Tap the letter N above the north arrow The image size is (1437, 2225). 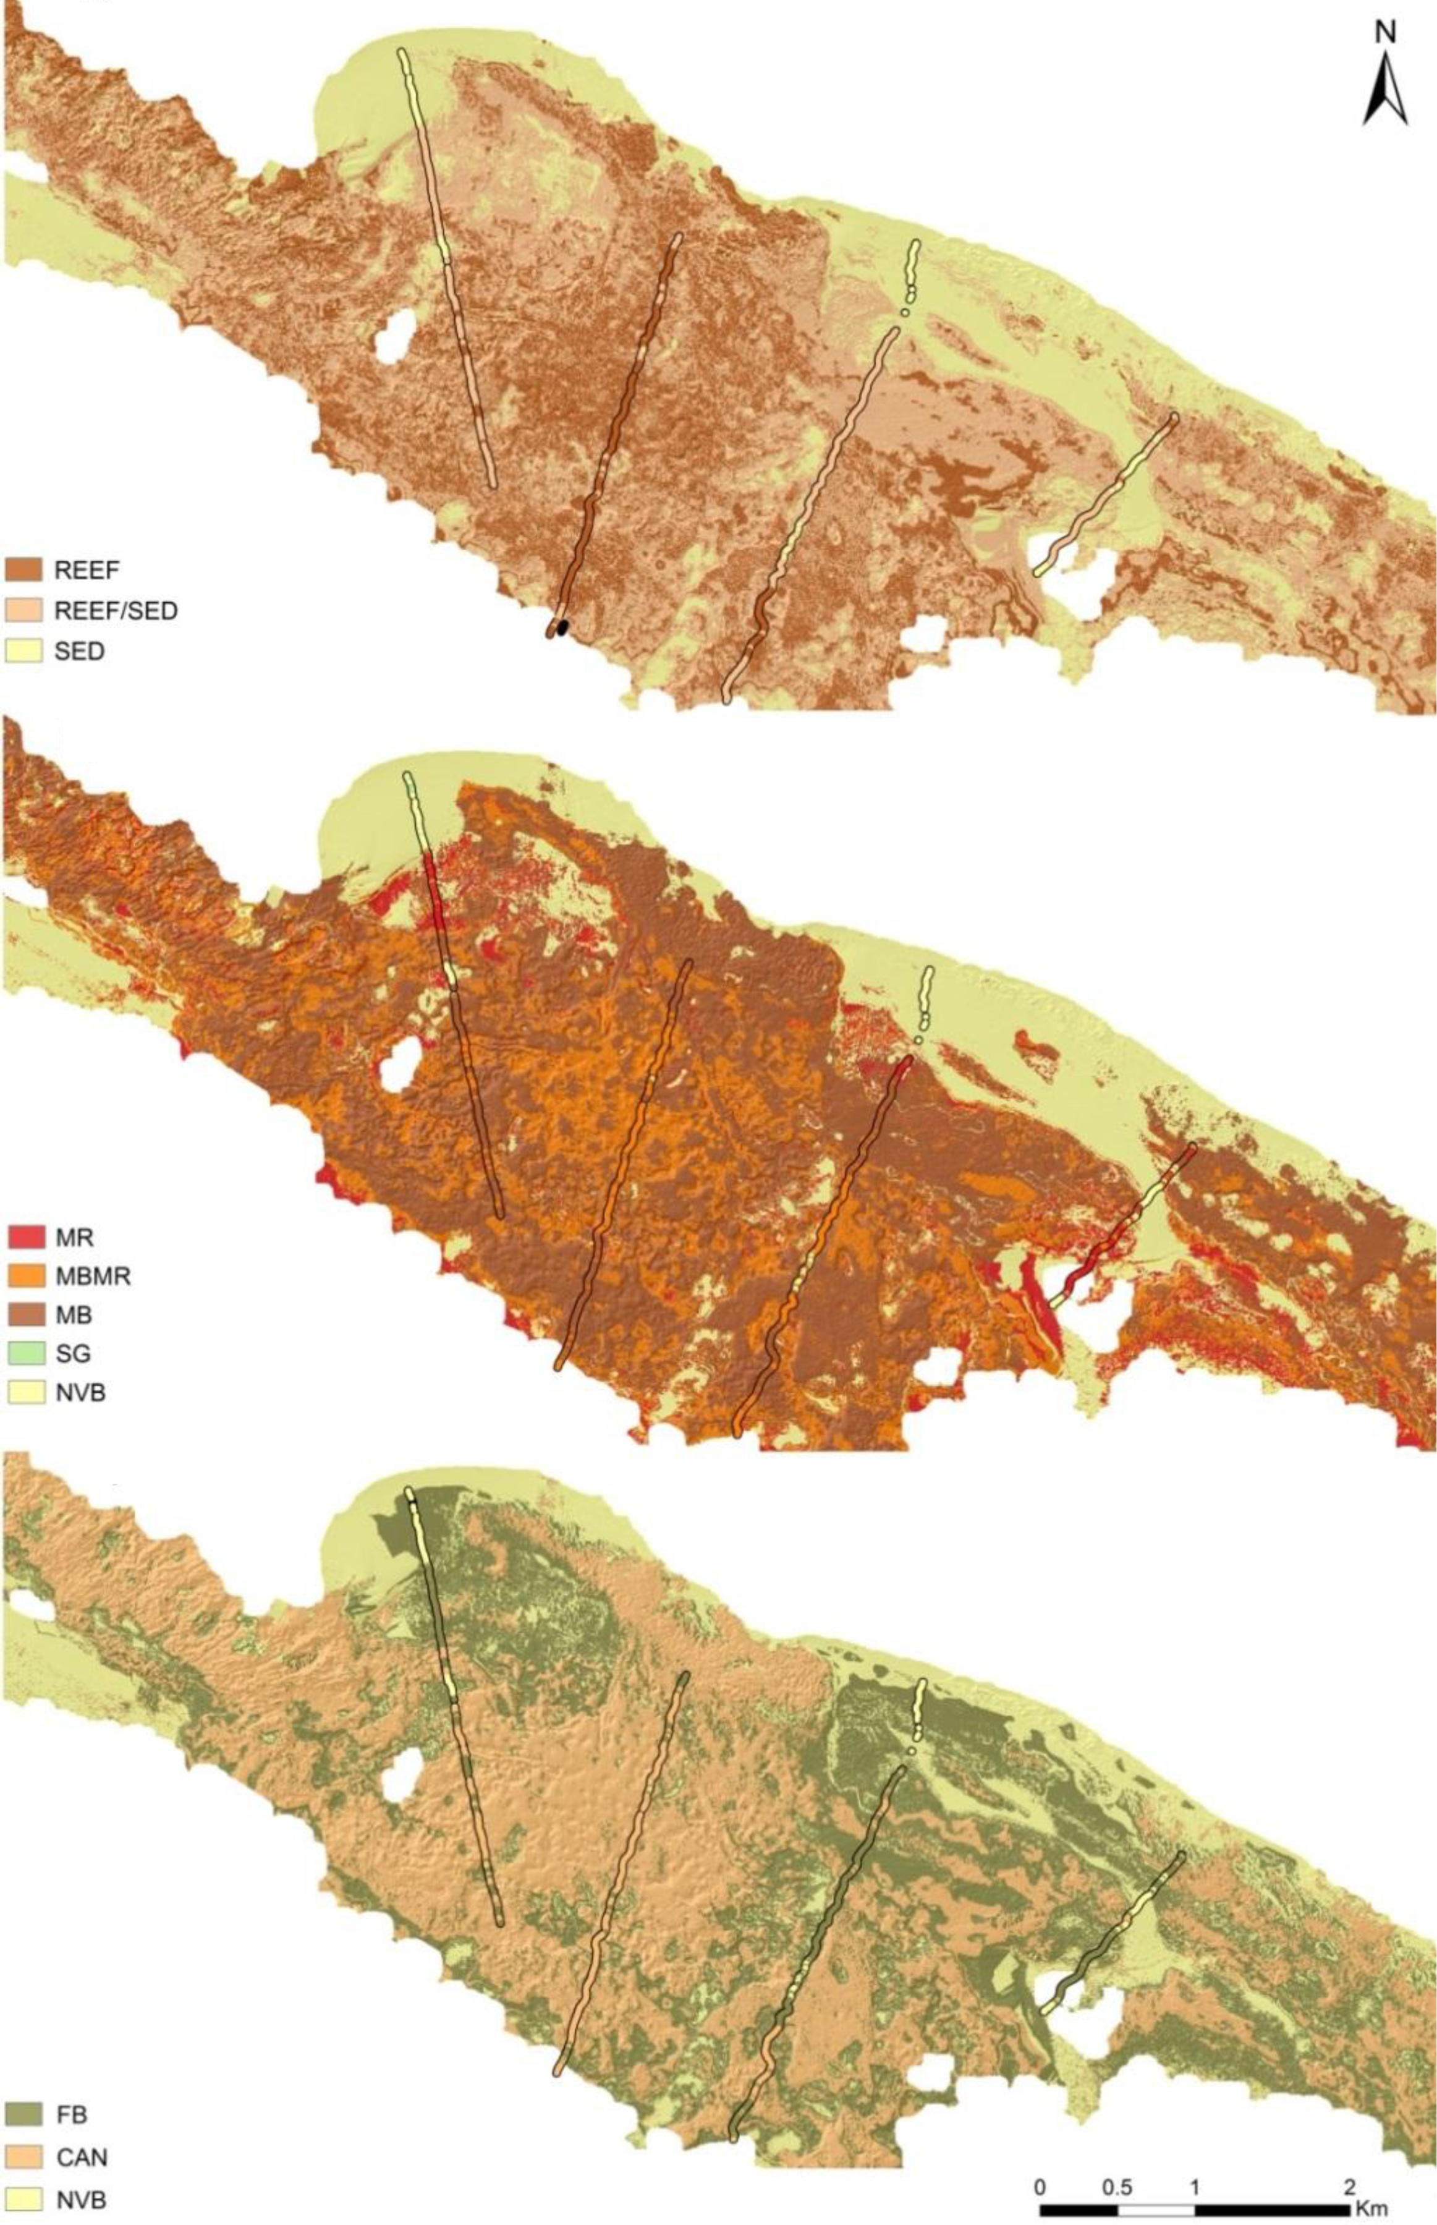(x=1386, y=33)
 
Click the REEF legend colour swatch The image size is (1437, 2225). (x=24, y=569)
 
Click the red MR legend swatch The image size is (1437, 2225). (x=24, y=1238)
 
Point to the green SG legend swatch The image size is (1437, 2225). (x=24, y=1353)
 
